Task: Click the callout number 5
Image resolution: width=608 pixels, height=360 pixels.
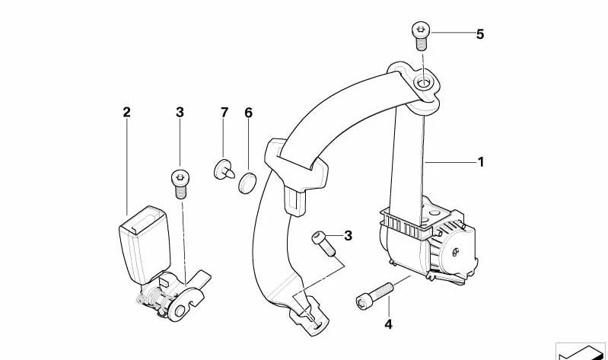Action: (480, 34)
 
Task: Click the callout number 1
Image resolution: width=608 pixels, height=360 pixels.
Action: (481, 162)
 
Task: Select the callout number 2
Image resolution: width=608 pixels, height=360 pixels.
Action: (126, 113)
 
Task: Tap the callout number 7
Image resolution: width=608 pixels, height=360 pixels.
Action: (224, 113)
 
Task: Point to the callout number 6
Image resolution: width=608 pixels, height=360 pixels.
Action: (248, 113)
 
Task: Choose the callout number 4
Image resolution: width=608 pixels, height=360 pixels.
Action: (388, 324)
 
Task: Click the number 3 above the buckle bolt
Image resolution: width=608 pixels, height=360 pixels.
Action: (180, 113)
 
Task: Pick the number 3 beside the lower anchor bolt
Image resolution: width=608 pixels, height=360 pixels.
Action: (348, 235)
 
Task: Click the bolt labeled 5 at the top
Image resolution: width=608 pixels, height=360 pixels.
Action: (421, 37)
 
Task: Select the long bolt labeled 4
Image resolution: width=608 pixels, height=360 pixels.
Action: (374, 295)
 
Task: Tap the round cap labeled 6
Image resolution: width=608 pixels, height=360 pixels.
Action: (247, 183)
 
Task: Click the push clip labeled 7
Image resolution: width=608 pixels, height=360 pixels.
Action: (224, 169)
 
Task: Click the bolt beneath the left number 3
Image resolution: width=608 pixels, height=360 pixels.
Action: (179, 184)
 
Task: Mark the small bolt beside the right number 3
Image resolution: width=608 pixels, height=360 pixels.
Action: (323, 244)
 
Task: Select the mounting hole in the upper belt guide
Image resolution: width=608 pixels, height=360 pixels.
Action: (422, 83)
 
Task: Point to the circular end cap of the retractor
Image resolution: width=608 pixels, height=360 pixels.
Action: (457, 253)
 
